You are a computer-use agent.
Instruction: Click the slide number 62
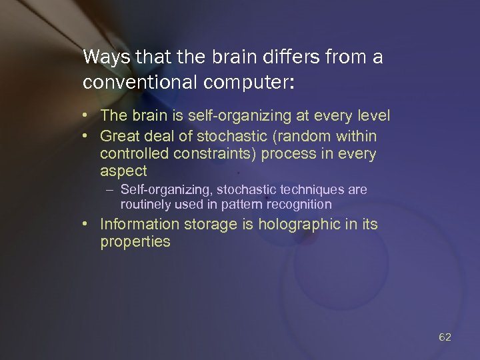pyautogui.click(x=445, y=337)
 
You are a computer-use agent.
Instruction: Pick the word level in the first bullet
pyautogui.click(x=373, y=117)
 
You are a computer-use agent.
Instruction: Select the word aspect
pyautogui.click(x=123, y=171)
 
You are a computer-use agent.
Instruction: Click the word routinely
pyautogui.click(x=145, y=204)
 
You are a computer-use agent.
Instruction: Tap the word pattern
pyautogui.click(x=240, y=204)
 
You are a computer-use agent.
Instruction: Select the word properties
pyautogui.click(x=135, y=242)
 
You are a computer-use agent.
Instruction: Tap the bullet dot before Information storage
pyautogui.click(x=87, y=224)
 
